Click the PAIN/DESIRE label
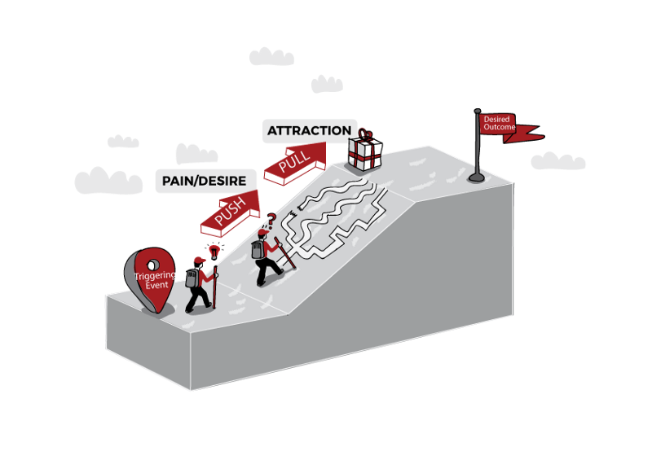click(x=206, y=181)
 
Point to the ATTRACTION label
click(x=309, y=130)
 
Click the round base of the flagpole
click(x=476, y=177)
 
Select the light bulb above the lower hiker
click(x=214, y=250)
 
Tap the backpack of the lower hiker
click(x=192, y=278)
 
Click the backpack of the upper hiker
click(x=257, y=249)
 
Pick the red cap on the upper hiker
click(x=262, y=234)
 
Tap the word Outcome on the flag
click(x=499, y=127)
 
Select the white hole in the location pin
click(x=152, y=262)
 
